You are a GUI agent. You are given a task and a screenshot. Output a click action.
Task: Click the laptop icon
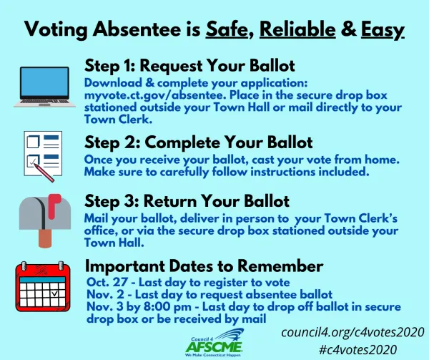(44, 87)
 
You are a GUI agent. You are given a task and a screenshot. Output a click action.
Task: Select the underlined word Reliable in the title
(299, 29)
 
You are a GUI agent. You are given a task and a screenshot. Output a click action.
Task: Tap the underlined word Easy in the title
(383, 29)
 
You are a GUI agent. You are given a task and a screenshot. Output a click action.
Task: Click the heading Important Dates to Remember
(204, 266)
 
